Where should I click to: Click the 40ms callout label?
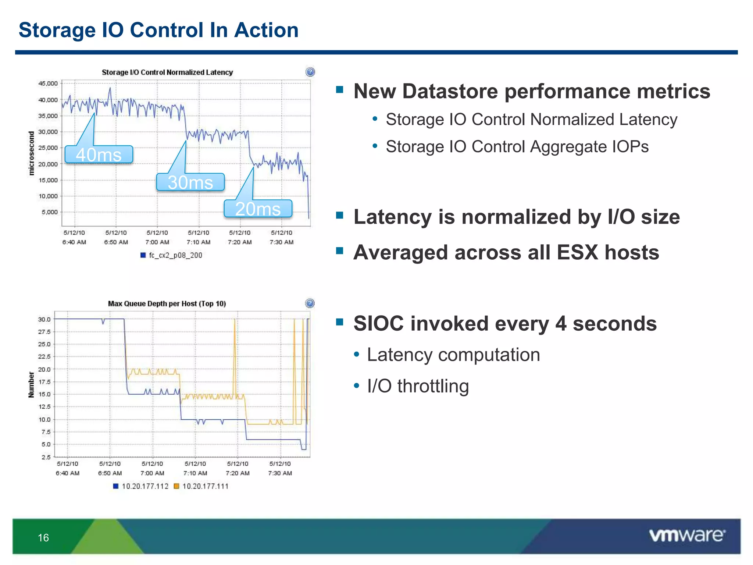pyautogui.click(x=99, y=154)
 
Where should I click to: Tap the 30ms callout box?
pyautogui.click(x=190, y=182)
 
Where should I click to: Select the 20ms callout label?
pyautogui.click(x=258, y=209)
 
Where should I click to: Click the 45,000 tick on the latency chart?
pyautogui.click(x=48, y=83)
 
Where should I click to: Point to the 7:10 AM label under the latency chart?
pyautogui.click(x=199, y=242)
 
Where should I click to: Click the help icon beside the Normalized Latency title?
pyautogui.click(x=310, y=72)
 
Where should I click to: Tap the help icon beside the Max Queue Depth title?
pyautogui.click(x=310, y=303)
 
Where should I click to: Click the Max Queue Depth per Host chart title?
pyautogui.click(x=167, y=304)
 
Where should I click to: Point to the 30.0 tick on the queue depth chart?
pyautogui.click(x=44, y=319)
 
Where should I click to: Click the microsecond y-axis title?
pyautogui.click(x=32, y=153)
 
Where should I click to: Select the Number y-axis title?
pyautogui.click(x=31, y=385)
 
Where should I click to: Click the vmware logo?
pyautogui.click(x=687, y=536)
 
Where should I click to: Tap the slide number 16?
pyautogui.click(x=43, y=538)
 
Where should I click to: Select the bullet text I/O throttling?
pyautogui.click(x=418, y=386)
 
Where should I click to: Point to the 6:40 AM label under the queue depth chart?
pyautogui.click(x=68, y=473)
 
